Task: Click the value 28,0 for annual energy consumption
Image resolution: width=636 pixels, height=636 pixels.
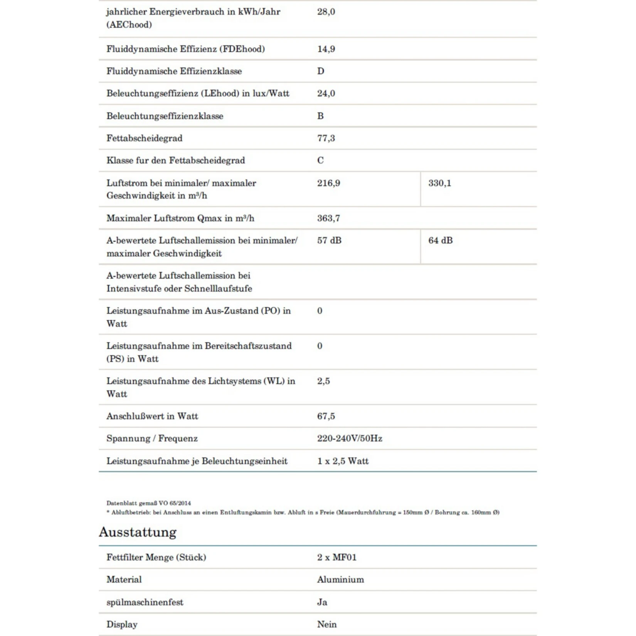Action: (326, 12)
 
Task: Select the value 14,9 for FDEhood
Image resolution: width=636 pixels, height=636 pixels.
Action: (326, 49)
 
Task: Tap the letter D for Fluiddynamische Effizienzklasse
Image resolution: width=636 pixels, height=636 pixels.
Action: (321, 71)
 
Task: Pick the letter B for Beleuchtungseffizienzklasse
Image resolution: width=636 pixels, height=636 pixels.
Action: (320, 116)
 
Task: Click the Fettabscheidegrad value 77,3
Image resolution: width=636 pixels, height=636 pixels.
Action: (326, 138)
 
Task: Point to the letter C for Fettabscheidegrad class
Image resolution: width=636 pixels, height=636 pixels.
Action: (320, 160)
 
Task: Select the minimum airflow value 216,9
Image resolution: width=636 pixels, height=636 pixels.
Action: (328, 183)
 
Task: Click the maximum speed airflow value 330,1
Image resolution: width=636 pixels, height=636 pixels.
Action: (439, 183)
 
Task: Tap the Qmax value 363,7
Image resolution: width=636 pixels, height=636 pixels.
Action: (328, 218)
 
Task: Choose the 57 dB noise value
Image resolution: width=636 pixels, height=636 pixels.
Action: (329, 241)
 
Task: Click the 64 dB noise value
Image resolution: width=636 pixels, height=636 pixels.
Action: (440, 241)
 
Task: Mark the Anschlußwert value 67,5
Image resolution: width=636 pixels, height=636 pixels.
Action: (326, 416)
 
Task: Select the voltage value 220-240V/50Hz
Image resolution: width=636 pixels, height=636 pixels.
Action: (350, 439)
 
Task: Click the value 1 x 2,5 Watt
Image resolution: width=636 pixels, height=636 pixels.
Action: (343, 461)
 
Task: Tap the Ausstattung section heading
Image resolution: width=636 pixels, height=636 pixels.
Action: (138, 532)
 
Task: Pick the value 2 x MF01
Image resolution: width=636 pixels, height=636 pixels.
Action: (337, 557)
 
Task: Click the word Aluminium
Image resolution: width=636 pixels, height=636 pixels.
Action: (340, 580)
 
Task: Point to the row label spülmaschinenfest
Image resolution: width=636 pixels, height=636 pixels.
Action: (145, 602)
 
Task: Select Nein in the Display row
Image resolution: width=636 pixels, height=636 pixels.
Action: (327, 624)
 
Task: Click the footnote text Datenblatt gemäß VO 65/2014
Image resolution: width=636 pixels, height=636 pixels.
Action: (148, 503)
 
